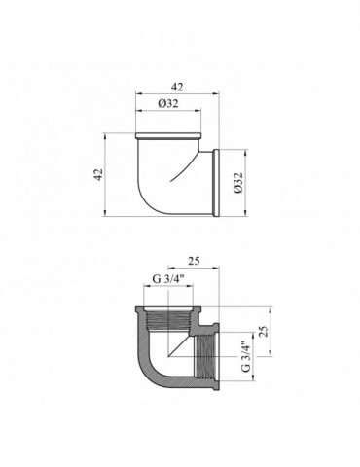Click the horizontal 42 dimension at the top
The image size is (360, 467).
pyautogui.click(x=177, y=87)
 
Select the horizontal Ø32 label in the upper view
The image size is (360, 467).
pyautogui.click(x=168, y=103)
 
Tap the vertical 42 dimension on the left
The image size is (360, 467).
pyautogui.click(x=98, y=174)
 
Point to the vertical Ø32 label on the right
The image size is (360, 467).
pyautogui.click(x=238, y=183)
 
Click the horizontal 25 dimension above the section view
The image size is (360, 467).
pyautogui.click(x=194, y=261)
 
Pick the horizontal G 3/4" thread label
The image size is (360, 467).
pyautogui.click(x=168, y=279)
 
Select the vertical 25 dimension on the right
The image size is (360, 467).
pyautogui.click(x=265, y=331)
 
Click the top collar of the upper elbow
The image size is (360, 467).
pyautogui.click(x=168, y=135)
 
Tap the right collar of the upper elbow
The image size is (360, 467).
pyautogui.click(x=216, y=183)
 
